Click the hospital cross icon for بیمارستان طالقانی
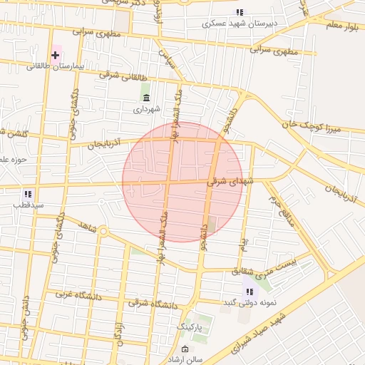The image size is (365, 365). point(55,55)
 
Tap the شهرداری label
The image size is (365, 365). point(147,110)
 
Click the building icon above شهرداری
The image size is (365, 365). point(147,98)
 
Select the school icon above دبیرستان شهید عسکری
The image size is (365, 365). point(240,12)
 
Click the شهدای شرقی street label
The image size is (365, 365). point(230,182)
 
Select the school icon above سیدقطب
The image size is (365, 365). point(28,194)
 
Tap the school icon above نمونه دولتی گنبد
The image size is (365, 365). point(250,291)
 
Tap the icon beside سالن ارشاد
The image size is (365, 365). point(186,349)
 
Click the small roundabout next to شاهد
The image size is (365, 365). point(103,231)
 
